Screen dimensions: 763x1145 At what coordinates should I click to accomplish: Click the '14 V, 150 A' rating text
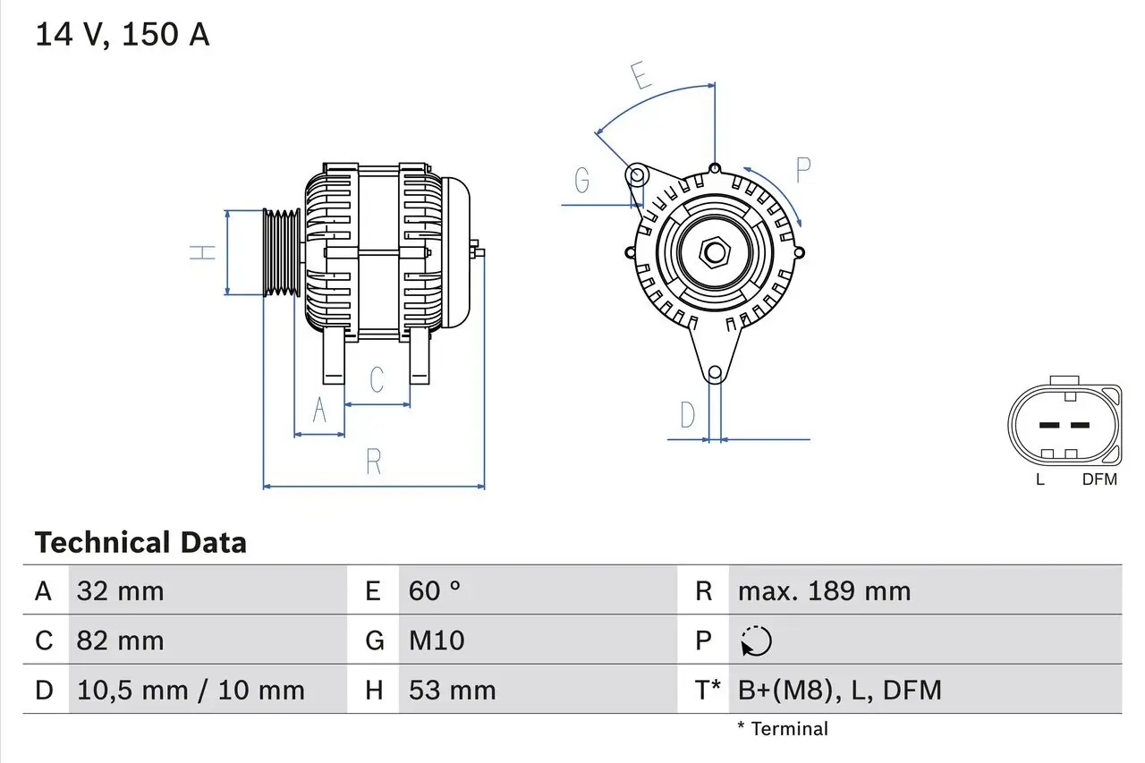pyautogui.click(x=123, y=35)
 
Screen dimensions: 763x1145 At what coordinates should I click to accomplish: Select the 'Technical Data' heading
pyautogui.click(x=140, y=543)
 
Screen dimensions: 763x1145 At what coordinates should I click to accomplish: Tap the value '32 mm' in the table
pyautogui.click(x=121, y=591)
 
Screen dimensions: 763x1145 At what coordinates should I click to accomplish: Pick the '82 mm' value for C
pyautogui.click(x=121, y=640)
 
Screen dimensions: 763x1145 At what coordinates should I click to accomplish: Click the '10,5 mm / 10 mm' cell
pyautogui.click(x=191, y=690)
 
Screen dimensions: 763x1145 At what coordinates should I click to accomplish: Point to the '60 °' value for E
pyautogui.click(x=435, y=591)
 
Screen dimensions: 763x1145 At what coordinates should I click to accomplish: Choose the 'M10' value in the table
pyautogui.click(x=437, y=640)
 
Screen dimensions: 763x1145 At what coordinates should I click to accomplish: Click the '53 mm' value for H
pyautogui.click(x=452, y=690)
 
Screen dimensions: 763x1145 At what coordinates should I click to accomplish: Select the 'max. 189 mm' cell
pyautogui.click(x=824, y=591)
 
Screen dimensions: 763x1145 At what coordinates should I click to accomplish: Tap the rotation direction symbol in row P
pyautogui.click(x=756, y=640)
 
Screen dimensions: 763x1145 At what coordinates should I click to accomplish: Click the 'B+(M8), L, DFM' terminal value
pyautogui.click(x=839, y=690)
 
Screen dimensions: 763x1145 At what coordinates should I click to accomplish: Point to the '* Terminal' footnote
pyautogui.click(x=783, y=729)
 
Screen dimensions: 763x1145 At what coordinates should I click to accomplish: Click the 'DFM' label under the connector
pyautogui.click(x=1099, y=479)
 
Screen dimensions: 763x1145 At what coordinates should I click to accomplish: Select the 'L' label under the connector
pyautogui.click(x=1039, y=479)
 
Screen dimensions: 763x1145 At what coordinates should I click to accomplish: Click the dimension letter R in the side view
pyautogui.click(x=374, y=462)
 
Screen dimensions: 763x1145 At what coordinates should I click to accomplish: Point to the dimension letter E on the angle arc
pyautogui.click(x=640, y=78)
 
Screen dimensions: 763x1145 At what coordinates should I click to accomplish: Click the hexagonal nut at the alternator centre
pyautogui.click(x=714, y=252)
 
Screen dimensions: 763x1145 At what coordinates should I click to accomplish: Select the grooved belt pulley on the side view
pyautogui.click(x=282, y=252)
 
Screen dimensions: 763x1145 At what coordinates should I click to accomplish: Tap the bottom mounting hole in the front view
pyautogui.click(x=714, y=373)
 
